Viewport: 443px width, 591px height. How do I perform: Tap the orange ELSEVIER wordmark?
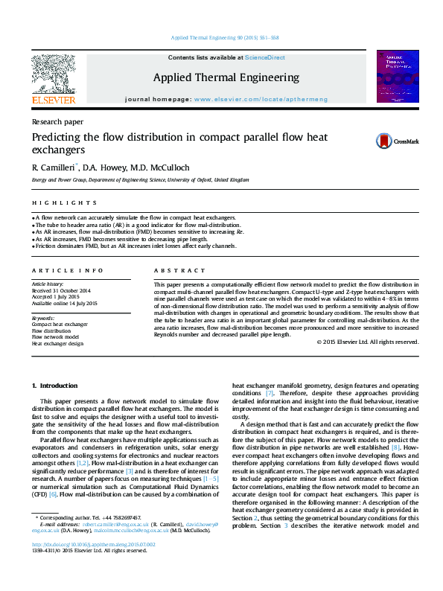(53, 100)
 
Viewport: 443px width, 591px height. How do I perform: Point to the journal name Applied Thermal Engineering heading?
(226, 77)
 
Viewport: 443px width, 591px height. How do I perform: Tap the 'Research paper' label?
(57, 121)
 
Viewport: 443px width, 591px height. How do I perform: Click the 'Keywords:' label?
(44, 318)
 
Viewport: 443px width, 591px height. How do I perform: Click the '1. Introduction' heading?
(56, 385)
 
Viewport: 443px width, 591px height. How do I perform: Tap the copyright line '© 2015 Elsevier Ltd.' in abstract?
(367, 342)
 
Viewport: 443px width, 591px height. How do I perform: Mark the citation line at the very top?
(224, 37)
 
